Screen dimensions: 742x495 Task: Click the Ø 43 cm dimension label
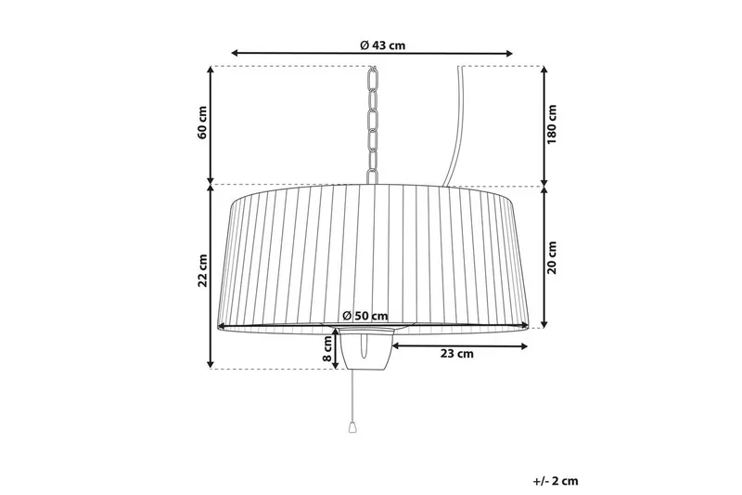pyautogui.click(x=382, y=46)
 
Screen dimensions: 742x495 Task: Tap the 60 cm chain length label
pyautogui.click(x=202, y=123)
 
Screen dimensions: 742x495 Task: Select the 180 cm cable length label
pyautogui.click(x=552, y=124)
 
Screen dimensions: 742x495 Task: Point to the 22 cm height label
pyautogui.click(x=202, y=270)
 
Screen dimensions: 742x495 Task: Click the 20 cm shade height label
pyautogui.click(x=552, y=257)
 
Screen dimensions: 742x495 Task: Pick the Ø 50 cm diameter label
pyautogui.click(x=365, y=316)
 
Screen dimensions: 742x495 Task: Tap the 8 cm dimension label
pyautogui.click(x=327, y=348)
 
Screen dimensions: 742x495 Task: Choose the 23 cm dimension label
pyautogui.click(x=456, y=353)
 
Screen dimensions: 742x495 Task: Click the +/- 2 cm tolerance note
pyautogui.click(x=556, y=481)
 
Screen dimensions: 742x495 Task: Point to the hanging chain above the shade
pyautogui.click(x=373, y=124)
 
